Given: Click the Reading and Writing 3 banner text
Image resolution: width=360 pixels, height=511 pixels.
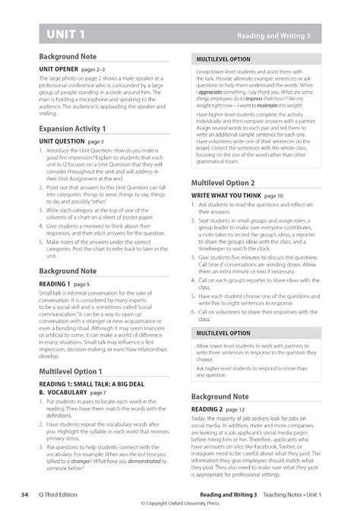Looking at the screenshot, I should pos(290,36).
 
